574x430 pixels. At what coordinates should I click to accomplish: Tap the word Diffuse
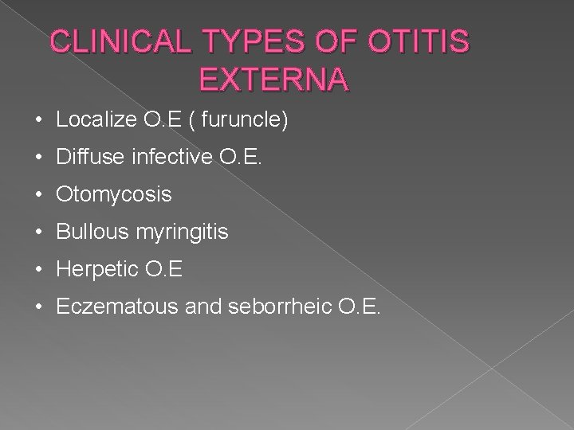pyautogui.click(x=85, y=157)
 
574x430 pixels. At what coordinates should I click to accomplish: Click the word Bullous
pyautogui.click(x=87, y=232)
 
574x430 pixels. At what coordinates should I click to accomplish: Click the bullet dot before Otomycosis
pyautogui.click(x=39, y=194)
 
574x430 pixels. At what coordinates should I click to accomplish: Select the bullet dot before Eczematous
pyautogui.click(x=39, y=307)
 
